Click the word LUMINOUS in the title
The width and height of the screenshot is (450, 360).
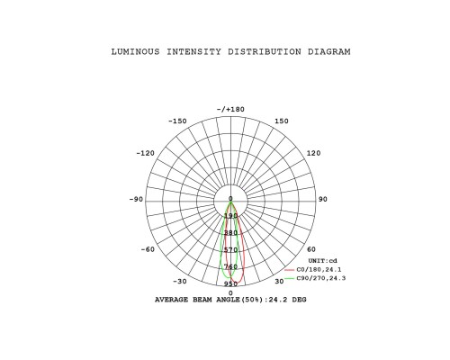[x=136, y=52]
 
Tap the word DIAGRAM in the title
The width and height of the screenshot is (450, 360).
[x=329, y=52]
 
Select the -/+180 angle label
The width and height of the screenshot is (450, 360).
[x=230, y=110]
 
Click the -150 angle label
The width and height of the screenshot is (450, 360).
[x=177, y=121]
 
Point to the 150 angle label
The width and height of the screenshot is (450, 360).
[x=282, y=121]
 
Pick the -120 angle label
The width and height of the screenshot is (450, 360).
[x=146, y=153]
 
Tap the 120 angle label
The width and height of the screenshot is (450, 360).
[x=313, y=153]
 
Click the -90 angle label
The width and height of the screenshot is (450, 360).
[x=136, y=200]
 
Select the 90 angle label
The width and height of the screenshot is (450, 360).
[x=323, y=200]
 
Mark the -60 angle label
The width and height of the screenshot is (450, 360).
[x=148, y=249]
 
